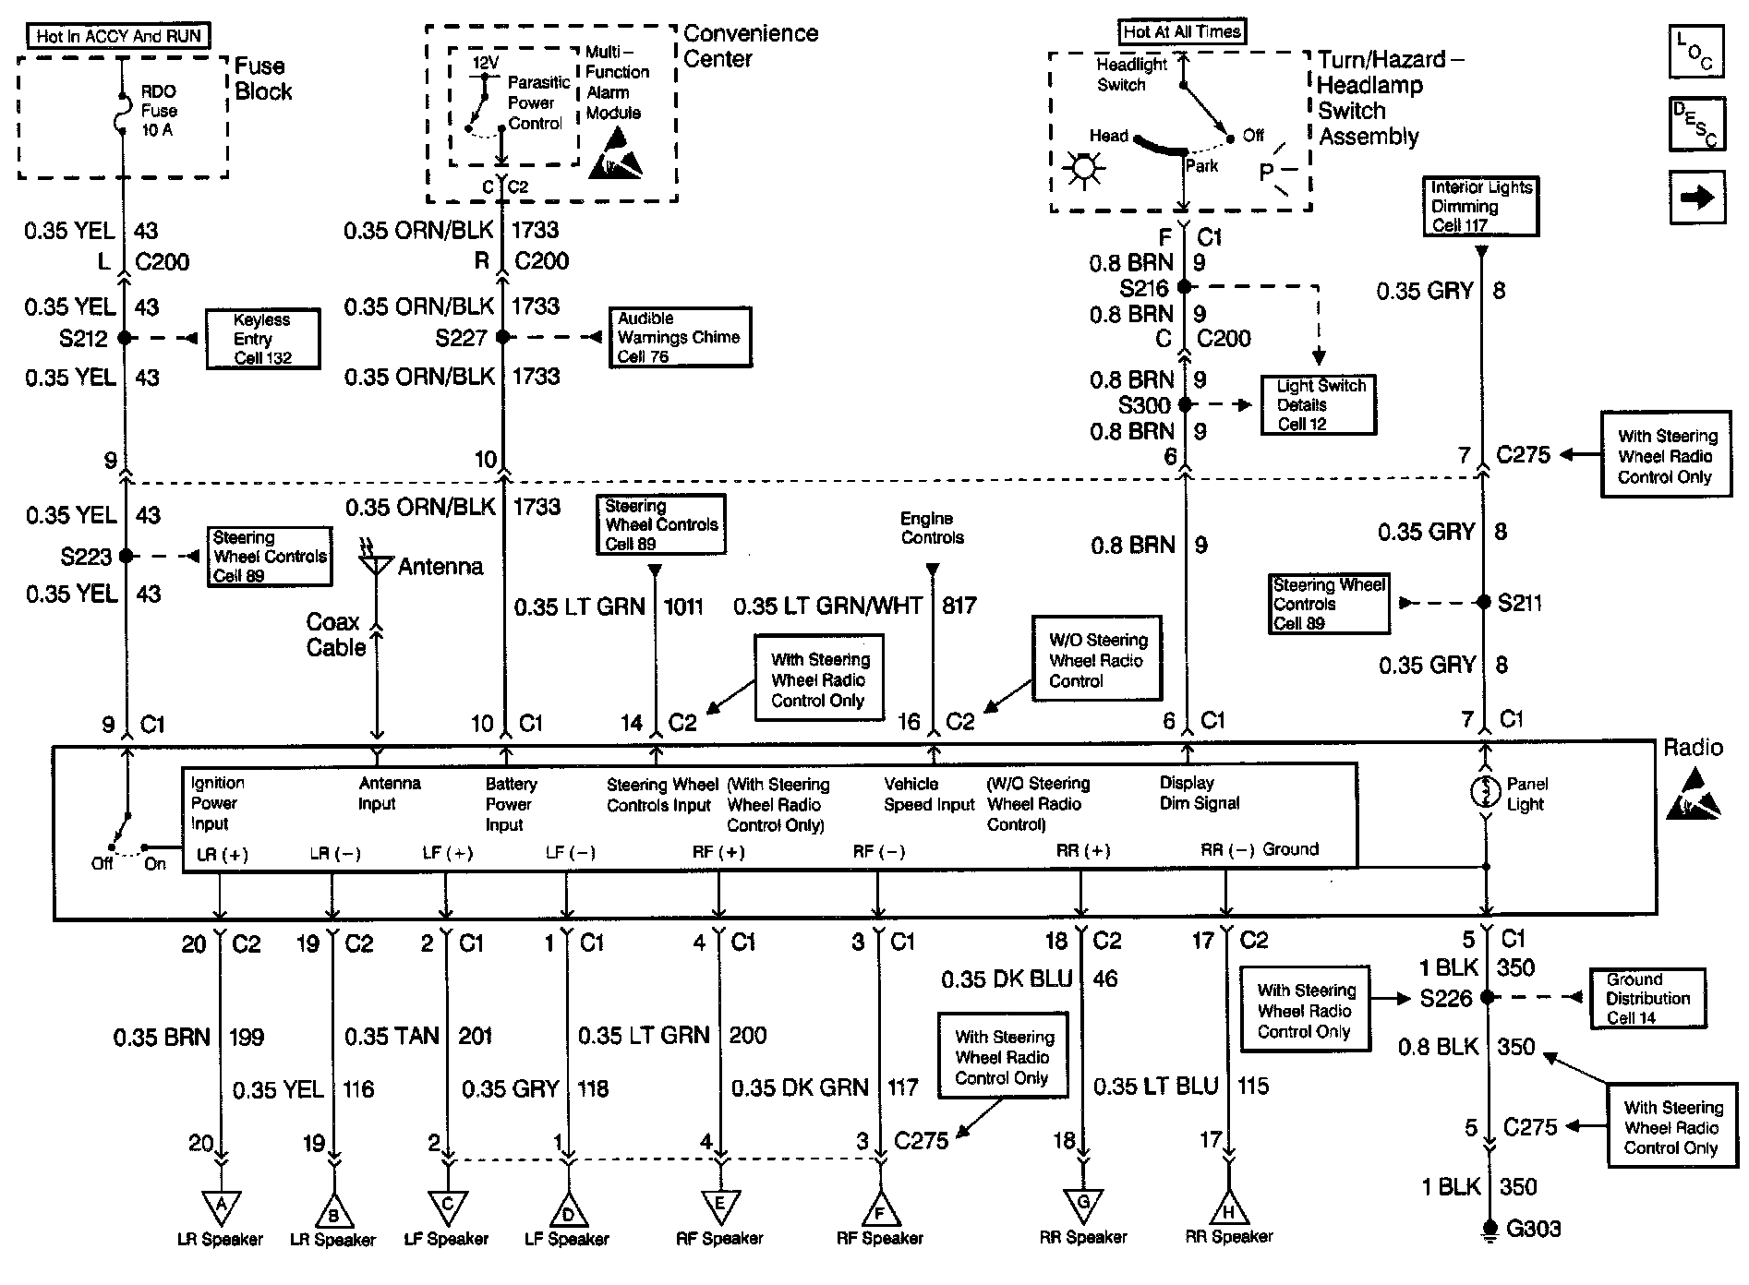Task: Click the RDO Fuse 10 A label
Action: point(159,111)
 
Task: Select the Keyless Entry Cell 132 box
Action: point(262,339)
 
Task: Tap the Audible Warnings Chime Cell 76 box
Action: point(679,337)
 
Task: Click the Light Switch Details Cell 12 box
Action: point(1319,404)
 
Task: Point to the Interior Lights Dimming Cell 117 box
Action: point(1481,206)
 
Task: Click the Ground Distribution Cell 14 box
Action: point(1647,998)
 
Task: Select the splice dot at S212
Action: point(125,338)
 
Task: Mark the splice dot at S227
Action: point(502,337)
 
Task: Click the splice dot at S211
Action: point(1483,602)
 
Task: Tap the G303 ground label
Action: point(1533,1229)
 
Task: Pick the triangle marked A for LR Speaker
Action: point(221,1206)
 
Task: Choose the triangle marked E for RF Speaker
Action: point(719,1206)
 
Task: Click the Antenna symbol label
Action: point(440,566)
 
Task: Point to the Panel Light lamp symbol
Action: point(1485,793)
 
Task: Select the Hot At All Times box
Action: point(1182,31)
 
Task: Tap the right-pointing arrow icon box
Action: point(1696,198)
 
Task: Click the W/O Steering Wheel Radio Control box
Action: point(1097,660)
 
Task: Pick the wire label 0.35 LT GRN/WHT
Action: point(827,606)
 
